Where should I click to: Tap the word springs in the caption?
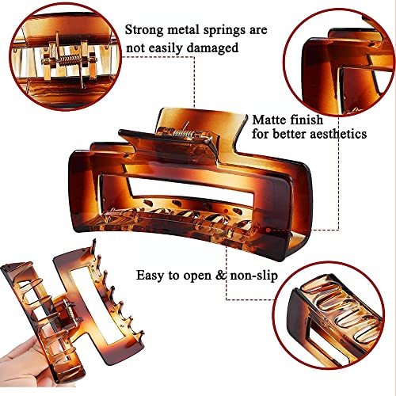(229, 30)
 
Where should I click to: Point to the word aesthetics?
(337, 135)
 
